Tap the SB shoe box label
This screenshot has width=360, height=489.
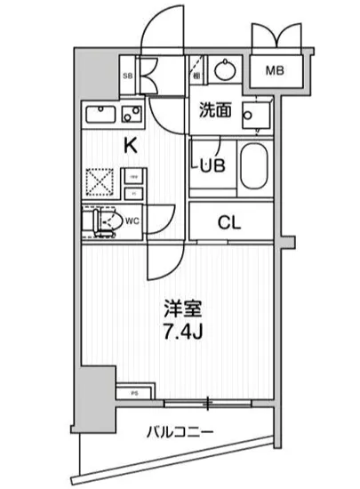click(x=126, y=76)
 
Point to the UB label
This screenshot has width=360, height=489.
click(x=213, y=164)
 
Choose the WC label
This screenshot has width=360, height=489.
click(x=131, y=219)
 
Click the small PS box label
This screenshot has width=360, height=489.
click(x=134, y=390)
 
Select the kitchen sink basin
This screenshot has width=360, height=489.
click(x=100, y=116)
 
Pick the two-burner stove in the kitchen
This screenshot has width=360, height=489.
click(x=132, y=115)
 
